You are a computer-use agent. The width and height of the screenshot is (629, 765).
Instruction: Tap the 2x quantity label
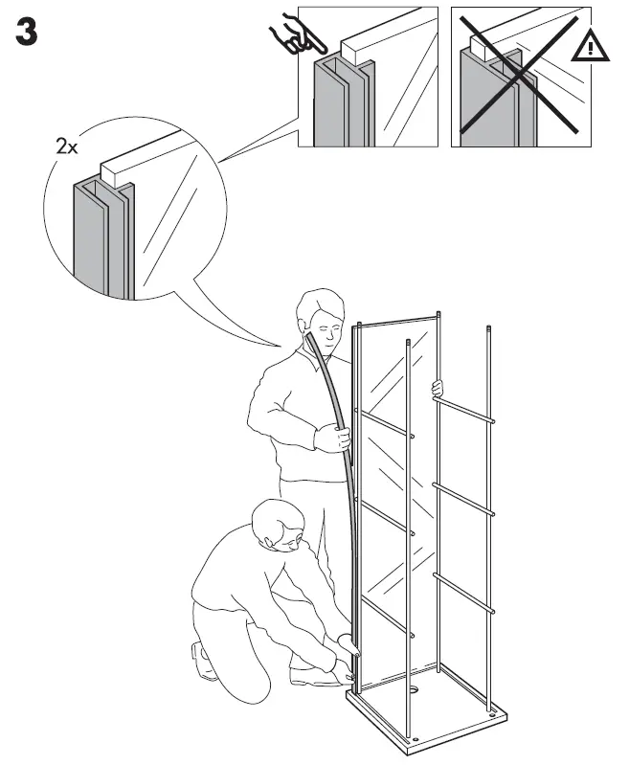coord(67,147)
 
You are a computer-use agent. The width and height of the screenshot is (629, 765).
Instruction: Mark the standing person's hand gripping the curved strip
coord(335,439)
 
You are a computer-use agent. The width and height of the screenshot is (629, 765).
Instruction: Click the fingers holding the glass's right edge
coord(438,388)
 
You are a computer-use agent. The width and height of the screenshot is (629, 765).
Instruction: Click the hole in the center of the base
coord(416,687)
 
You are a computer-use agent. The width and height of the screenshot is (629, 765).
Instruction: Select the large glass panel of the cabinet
coord(383,479)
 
